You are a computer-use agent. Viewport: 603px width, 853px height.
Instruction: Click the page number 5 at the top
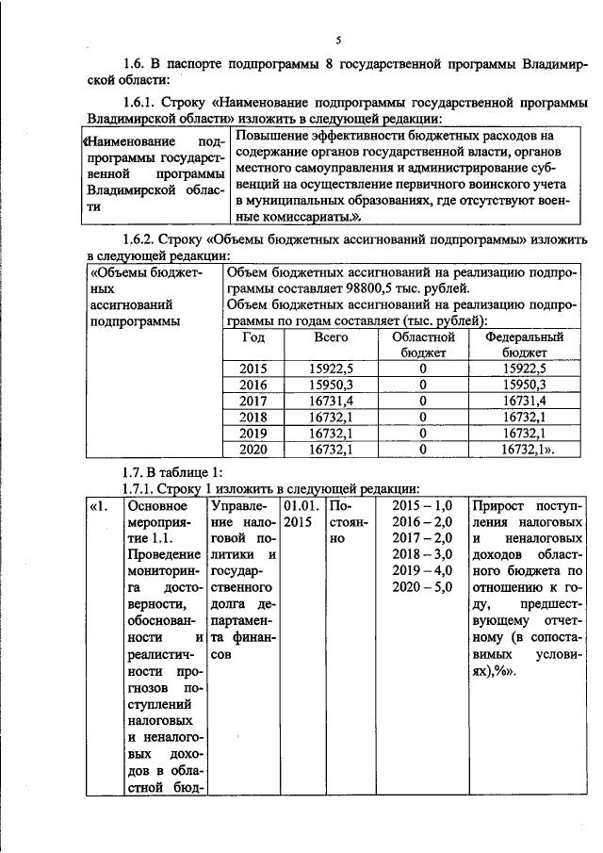coord(337,40)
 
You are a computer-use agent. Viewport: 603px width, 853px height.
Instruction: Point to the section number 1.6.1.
coord(144,102)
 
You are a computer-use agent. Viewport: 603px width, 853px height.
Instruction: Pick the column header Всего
coord(331,336)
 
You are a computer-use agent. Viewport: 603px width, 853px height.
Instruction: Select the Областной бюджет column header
coord(423,344)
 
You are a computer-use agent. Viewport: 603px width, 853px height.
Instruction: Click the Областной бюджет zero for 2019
coord(423,434)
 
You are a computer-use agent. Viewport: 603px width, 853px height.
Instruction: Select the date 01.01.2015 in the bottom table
coord(299,514)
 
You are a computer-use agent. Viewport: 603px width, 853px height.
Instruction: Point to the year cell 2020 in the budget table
coord(253,450)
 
